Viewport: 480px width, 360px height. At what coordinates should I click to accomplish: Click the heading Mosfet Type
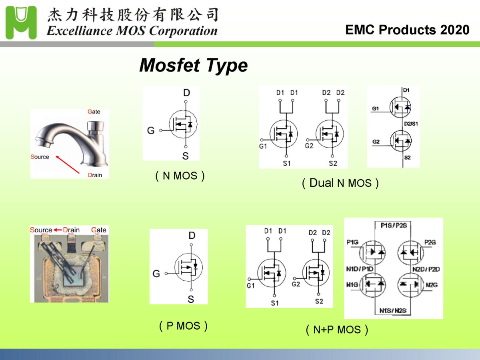click(x=193, y=65)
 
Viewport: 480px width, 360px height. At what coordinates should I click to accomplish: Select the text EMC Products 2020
click(x=407, y=30)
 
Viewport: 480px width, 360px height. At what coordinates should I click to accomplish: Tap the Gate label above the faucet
click(x=94, y=112)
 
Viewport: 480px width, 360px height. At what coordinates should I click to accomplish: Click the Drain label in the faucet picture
click(x=95, y=175)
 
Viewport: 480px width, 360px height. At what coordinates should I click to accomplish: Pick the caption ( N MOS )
click(x=180, y=176)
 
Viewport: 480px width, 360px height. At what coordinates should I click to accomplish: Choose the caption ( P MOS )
click(x=183, y=326)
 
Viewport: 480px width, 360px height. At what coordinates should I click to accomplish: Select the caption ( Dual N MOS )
click(x=340, y=184)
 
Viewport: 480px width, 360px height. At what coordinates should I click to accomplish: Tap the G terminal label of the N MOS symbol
click(x=151, y=130)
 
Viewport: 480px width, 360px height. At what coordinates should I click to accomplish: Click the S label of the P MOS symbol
click(x=191, y=299)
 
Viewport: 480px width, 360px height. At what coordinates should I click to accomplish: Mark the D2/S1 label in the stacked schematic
click(x=411, y=124)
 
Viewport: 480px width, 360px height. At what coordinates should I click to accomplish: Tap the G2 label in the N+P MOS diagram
click(x=296, y=284)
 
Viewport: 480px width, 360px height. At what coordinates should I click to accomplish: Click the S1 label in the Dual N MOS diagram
click(x=286, y=163)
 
